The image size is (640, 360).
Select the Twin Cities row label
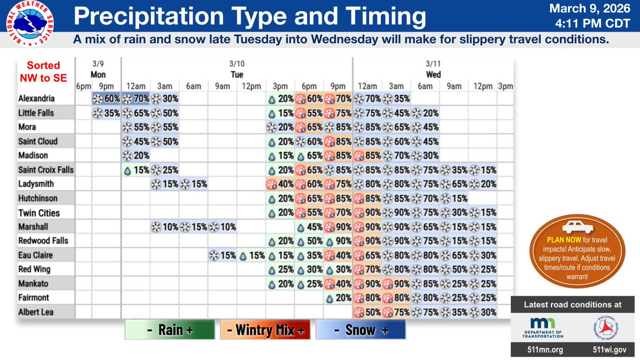(x=39, y=212)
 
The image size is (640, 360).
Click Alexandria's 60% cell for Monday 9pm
(x=106, y=99)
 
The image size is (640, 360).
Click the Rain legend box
(x=169, y=330)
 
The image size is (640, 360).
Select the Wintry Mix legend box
(x=265, y=330)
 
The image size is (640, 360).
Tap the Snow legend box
(x=361, y=330)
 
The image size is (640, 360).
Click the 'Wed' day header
(x=433, y=75)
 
